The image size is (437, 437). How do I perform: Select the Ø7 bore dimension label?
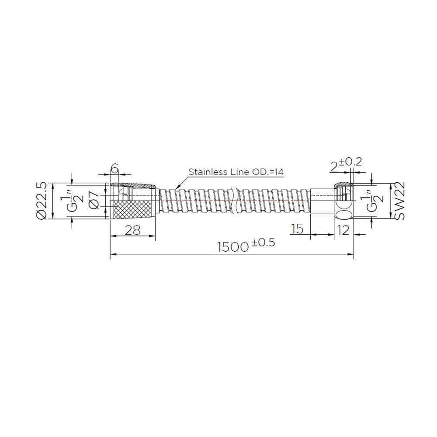coord(94,200)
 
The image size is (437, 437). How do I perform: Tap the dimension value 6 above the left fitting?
coord(114,168)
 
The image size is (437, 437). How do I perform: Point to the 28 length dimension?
coord(133,230)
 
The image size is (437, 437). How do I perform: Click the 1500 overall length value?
coord(233,246)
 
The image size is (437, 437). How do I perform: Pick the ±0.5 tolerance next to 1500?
coord(263,242)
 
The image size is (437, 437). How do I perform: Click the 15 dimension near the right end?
coord(297,229)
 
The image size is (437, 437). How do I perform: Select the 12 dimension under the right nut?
coord(343,230)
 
